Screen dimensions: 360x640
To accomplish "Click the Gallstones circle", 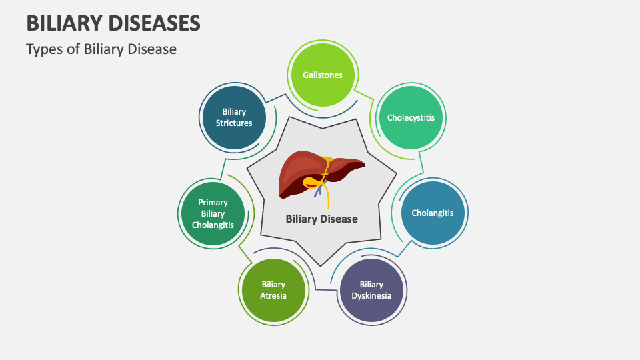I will click(x=322, y=75).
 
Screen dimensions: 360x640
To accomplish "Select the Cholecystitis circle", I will click(x=411, y=118).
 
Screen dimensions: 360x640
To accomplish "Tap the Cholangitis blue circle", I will click(x=432, y=213).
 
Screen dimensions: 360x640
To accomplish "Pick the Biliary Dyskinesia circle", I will click(x=371, y=290).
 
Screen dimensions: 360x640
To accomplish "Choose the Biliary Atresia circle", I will click(x=273, y=290).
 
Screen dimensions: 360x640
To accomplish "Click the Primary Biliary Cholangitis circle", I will click(x=213, y=213).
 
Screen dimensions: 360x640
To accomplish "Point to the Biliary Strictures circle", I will click(x=234, y=118).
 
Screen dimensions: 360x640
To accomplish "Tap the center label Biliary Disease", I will click(x=321, y=219).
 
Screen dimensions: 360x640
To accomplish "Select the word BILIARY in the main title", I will click(x=59, y=23).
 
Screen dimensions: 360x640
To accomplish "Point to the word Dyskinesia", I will click(x=371, y=295).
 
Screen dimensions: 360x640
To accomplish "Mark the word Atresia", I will click(x=273, y=295).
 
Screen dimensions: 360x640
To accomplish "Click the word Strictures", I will click(x=234, y=123).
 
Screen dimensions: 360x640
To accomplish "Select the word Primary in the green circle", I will click(x=213, y=202).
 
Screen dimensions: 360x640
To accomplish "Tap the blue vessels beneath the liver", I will click(x=320, y=191).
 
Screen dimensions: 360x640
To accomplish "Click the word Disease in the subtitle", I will click(x=154, y=49).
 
